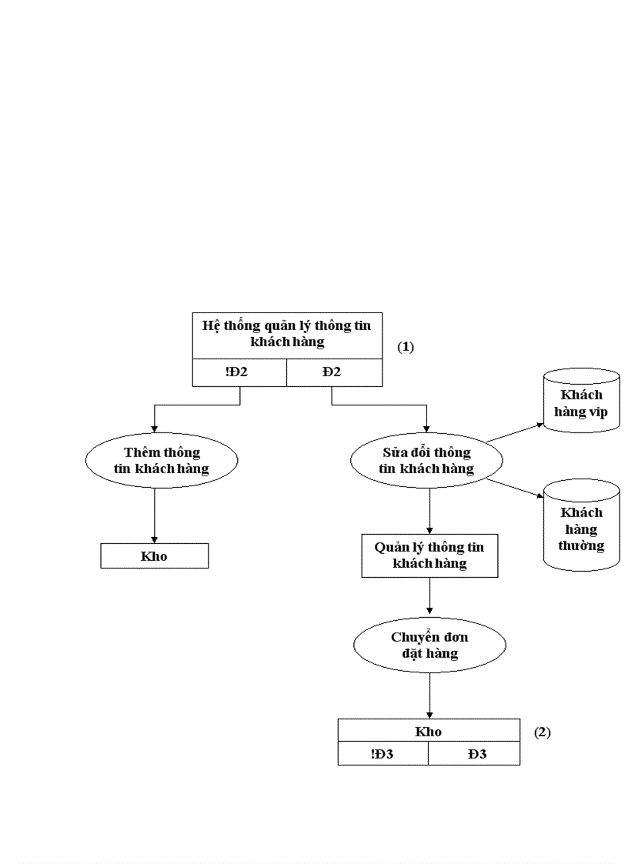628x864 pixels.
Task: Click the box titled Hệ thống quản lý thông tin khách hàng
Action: pos(286,334)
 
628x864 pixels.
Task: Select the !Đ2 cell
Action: pos(239,372)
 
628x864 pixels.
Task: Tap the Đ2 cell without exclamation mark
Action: pos(332,372)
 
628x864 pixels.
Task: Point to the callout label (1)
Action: pos(406,347)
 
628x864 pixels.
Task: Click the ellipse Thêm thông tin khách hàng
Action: pos(162,460)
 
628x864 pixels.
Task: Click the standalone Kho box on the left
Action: pos(154,556)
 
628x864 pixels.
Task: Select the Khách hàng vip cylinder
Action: pos(581,402)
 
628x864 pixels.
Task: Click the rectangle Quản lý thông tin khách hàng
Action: pos(429,555)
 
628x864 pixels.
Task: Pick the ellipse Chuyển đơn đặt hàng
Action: pos(429,645)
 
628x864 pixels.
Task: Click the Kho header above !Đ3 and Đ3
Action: pos(429,732)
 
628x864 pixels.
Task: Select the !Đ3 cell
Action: pos(382,754)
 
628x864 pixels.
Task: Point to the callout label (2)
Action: pos(543,732)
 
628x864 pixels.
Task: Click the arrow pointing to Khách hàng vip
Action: pos(515,432)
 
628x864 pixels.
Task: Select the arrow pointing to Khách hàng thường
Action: pos(515,489)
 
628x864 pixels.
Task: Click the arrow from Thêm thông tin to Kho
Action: pos(155,515)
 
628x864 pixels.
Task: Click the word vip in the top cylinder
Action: pos(598,412)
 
